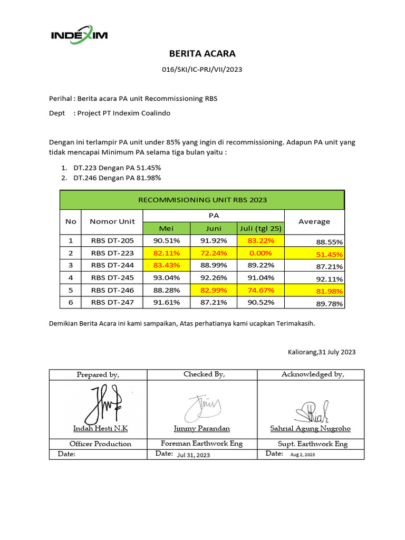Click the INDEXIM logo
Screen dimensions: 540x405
click(79, 35)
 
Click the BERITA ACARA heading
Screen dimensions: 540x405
click(202, 53)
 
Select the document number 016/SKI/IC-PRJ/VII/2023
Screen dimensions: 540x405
click(202, 69)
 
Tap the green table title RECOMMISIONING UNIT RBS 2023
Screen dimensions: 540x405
click(202, 200)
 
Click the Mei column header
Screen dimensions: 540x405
click(166, 228)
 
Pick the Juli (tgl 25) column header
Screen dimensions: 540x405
click(261, 228)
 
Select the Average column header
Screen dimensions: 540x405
click(314, 221)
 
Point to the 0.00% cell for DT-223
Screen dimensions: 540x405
click(261, 253)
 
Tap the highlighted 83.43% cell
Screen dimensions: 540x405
click(166, 265)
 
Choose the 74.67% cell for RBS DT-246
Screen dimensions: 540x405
click(261, 290)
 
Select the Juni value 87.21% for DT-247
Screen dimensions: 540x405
click(214, 302)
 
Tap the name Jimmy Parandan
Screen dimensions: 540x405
click(202, 429)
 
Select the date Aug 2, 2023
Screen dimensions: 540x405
click(303, 455)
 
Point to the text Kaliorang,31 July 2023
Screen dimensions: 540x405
click(322, 352)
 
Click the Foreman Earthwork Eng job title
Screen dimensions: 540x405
click(202, 443)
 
